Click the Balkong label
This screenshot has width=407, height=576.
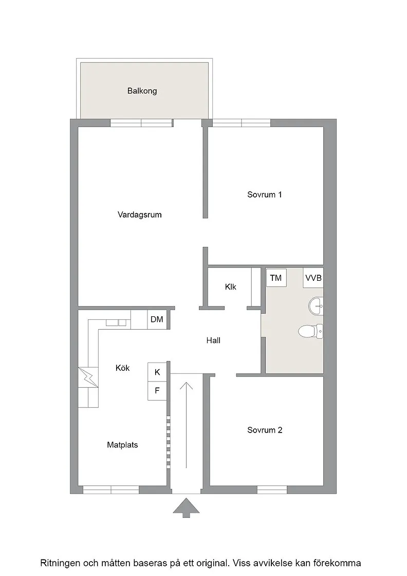[x=142, y=91]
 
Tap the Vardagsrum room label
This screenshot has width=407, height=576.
[x=139, y=214]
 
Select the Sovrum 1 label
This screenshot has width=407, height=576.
[x=264, y=194]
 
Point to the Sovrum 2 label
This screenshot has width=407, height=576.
[x=265, y=430]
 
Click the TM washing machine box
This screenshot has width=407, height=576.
[x=276, y=278]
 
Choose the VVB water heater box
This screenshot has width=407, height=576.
[x=313, y=278]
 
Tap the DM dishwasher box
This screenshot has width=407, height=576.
[x=157, y=319]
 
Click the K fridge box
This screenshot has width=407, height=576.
[x=157, y=372]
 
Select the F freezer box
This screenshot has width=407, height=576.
[x=157, y=390]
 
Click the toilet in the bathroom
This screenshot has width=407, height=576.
[x=310, y=331]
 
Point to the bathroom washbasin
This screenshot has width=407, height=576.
[x=316, y=305]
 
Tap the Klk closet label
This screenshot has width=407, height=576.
[x=230, y=287]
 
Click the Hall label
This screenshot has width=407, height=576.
[x=213, y=340]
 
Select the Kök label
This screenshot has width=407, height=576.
[x=123, y=368]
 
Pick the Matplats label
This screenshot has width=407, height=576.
[x=123, y=445]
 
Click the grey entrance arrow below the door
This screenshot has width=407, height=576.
[x=187, y=508]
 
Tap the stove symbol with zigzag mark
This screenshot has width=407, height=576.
[x=88, y=377]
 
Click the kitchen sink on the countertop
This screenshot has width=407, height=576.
[x=116, y=323]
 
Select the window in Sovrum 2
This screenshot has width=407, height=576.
[x=272, y=490]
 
